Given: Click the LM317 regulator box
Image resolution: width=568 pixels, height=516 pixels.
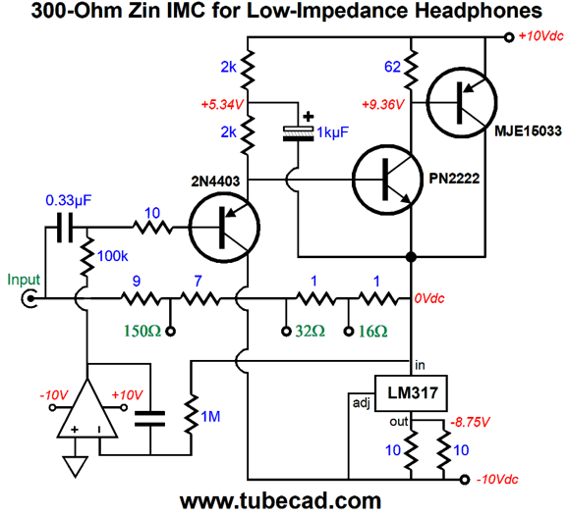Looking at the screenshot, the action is tap(411, 393).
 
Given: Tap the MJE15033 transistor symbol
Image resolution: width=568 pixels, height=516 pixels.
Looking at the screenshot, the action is tap(462, 103).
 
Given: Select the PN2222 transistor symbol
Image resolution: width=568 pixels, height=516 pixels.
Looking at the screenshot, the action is tap(387, 180).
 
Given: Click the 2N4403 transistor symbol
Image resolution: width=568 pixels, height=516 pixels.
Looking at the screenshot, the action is tap(224, 228).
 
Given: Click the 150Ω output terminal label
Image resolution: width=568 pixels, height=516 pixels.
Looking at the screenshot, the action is tap(142, 331).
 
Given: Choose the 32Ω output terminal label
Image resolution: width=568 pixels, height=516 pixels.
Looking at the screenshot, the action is tap(311, 331).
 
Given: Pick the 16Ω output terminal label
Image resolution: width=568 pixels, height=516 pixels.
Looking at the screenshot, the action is tap(372, 331).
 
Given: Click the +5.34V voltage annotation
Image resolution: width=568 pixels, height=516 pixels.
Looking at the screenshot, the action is tap(222, 105).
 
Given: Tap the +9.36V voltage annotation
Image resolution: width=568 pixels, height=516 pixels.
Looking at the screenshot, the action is tap(383, 105).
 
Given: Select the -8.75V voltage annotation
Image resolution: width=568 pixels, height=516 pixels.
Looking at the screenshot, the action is tap(470, 422).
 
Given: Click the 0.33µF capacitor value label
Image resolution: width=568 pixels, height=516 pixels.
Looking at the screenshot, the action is tap(69, 200).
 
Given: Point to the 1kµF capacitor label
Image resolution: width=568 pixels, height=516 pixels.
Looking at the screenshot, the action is tap(332, 132).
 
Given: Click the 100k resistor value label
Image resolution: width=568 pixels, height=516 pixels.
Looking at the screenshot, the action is tap(113, 256).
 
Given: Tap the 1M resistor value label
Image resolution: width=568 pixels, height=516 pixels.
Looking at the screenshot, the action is tap(210, 417).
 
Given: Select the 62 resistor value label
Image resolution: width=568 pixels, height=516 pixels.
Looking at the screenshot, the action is tap(393, 67).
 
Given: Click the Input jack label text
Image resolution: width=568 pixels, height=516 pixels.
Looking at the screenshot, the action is tap(24, 280).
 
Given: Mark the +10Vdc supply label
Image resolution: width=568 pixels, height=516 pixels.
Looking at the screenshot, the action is tap(540, 36).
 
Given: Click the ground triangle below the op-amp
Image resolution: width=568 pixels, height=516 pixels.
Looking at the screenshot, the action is tap(76, 467).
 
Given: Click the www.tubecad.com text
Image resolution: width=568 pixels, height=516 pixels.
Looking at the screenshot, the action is tap(280, 501).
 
